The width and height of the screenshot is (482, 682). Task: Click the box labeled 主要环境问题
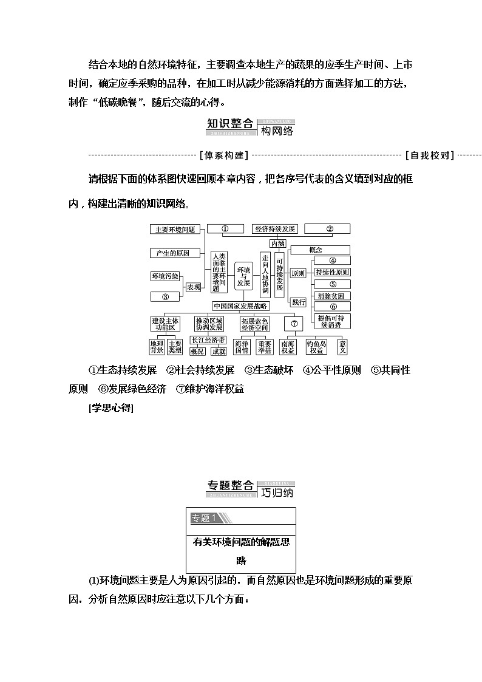(x=175, y=230)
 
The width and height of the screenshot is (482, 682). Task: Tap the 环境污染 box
(x=165, y=276)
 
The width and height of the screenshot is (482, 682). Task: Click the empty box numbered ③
(x=165, y=297)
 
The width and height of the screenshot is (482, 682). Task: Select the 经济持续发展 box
(x=275, y=229)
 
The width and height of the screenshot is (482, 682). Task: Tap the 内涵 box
(x=277, y=243)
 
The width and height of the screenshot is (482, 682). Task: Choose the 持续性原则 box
(x=332, y=272)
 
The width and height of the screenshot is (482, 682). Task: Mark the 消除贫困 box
(x=332, y=296)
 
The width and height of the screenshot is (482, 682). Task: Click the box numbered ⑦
(x=293, y=324)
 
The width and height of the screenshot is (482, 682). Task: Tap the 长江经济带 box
(x=208, y=339)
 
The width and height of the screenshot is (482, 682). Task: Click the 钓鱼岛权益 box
(x=317, y=347)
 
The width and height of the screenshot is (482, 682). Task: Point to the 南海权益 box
(x=288, y=347)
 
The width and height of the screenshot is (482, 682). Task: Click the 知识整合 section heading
(x=230, y=124)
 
